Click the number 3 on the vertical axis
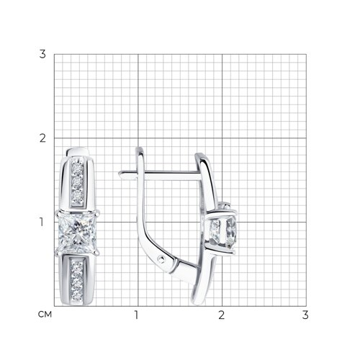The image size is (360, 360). tap(42, 54)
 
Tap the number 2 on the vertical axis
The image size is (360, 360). tap(42, 138)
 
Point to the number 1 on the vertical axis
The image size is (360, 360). tap(42, 222)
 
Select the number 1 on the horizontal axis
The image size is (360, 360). tap(137, 315)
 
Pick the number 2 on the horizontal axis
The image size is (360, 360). tap(221, 315)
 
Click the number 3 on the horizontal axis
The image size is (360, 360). tap(305, 315)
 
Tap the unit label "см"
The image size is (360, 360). tap(45, 314)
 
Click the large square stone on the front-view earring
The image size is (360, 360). tap(77, 233)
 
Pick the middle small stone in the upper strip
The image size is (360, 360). tap(77, 181)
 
